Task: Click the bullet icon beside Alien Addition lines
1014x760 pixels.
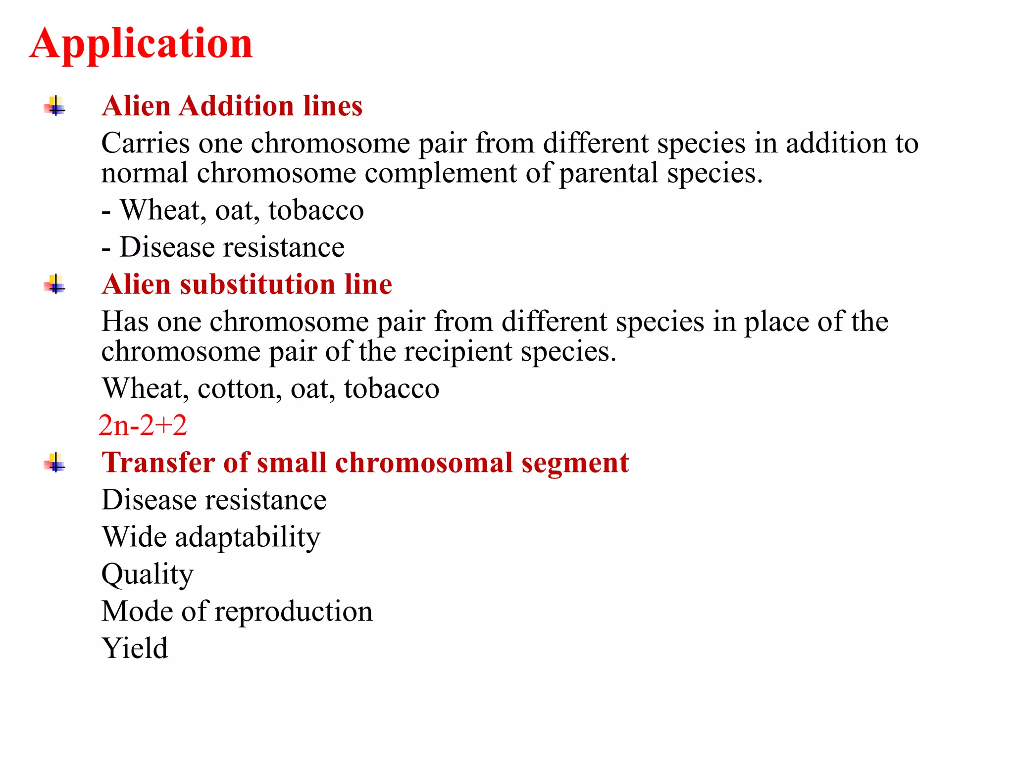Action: (x=55, y=106)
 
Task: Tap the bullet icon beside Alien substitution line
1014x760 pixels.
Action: (x=55, y=285)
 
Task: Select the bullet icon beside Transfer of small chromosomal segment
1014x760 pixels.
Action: (x=55, y=463)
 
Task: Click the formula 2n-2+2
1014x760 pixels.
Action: (x=143, y=426)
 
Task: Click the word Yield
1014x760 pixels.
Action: (x=135, y=648)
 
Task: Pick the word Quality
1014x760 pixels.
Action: (x=147, y=575)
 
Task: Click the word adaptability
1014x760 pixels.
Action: (x=248, y=538)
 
